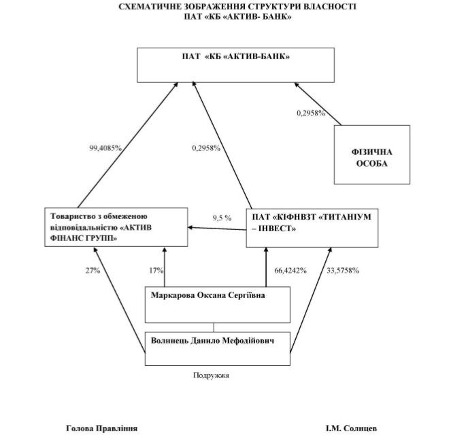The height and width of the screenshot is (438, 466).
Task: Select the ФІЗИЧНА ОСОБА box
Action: [x=371, y=154]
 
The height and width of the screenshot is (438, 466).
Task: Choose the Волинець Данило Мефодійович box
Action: [x=218, y=347]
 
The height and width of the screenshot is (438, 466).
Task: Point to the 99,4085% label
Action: [x=105, y=148]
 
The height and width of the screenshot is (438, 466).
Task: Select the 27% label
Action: [x=93, y=270]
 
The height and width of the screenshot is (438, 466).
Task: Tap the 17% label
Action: [x=156, y=270]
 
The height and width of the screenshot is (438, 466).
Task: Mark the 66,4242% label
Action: [x=290, y=270]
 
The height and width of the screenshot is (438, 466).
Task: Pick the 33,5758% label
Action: [x=343, y=270]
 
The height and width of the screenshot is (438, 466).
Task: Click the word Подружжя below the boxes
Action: [x=212, y=374]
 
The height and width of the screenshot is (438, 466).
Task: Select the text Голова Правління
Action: [x=101, y=428]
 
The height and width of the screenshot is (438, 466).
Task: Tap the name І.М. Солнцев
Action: [x=351, y=428]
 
